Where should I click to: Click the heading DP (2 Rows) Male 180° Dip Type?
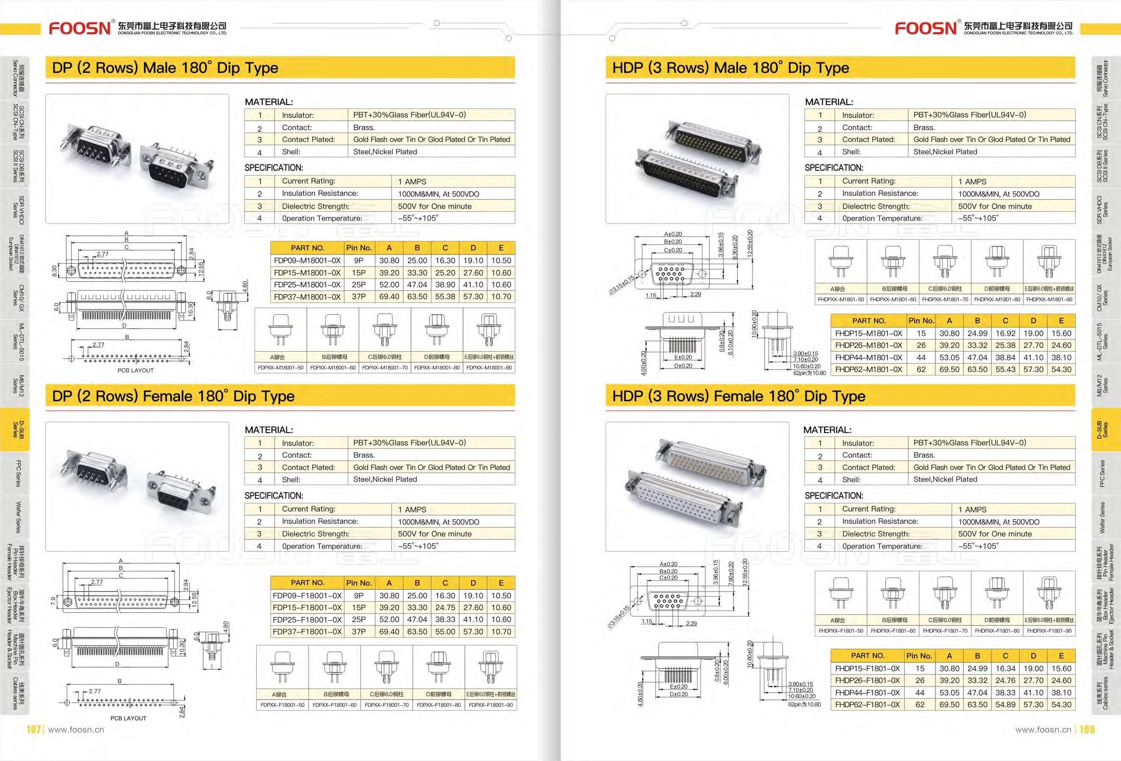pyautogui.click(x=165, y=67)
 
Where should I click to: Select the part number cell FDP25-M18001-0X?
pyautogui.click(x=307, y=285)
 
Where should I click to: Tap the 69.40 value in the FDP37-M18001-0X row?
pyautogui.click(x=389, y=297)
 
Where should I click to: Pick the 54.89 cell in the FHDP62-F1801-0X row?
pyautogui.click(x=1005, y=705)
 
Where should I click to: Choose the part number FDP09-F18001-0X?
pyautogui.click(x=307, y=595)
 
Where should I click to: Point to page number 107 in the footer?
pyautogui.click(x=33, y=729)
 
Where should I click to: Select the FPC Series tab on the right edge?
pyautogui.click(x=1102, y=473)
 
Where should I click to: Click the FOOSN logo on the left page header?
pyautogui.click(x=80, y=28)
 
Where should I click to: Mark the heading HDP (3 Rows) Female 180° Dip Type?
pyautogui.click(x=738, y=396)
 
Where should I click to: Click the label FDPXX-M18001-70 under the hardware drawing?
pyautogui.click(x=385, y=368)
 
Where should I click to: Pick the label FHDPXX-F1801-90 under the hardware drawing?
pyautogui.click(x=1049, y=631)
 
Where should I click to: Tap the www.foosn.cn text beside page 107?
pyautogui.click(x=76, y=730)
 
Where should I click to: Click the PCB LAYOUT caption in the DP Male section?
pyautogui.click(x=136, y=371)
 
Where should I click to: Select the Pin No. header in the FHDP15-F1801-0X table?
pyautogui.click(x=919, y=656)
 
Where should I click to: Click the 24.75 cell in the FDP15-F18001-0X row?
pyautogui.click(x=445, y=608)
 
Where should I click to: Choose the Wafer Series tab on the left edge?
pyautogui.click(x=18, y=517)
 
